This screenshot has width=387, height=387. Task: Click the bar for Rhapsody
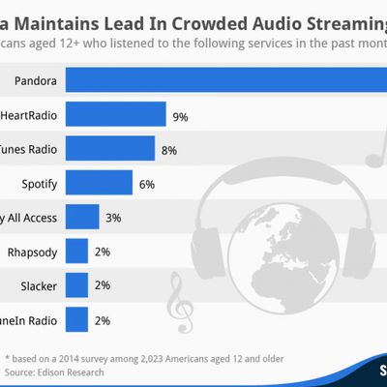[77, 251]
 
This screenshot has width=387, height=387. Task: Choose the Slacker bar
[77, 284]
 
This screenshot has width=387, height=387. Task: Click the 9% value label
[180, 116]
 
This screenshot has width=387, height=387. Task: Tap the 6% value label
[147, 184]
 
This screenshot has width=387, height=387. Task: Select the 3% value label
[113, 218]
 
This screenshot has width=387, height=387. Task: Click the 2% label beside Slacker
[103, 285]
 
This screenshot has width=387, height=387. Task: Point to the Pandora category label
[34, 81]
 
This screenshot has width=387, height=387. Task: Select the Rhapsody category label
[32, 251]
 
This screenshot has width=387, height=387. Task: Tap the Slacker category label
[37, 284]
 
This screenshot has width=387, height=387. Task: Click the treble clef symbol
[177, 308]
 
